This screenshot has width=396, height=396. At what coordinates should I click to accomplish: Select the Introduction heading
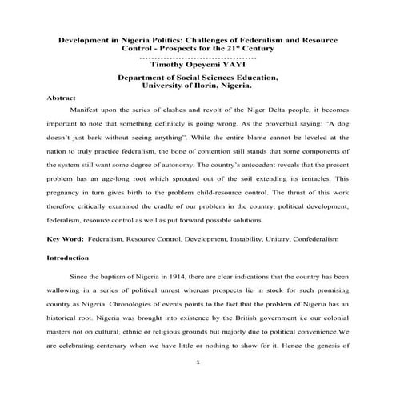click(x=67, y=258)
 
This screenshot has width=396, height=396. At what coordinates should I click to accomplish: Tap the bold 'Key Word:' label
click(x=64, y=239)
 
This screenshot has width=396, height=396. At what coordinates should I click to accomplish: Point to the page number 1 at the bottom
click(x=197, y=362)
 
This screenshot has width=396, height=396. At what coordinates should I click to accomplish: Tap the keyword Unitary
click(x=268, y=239)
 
